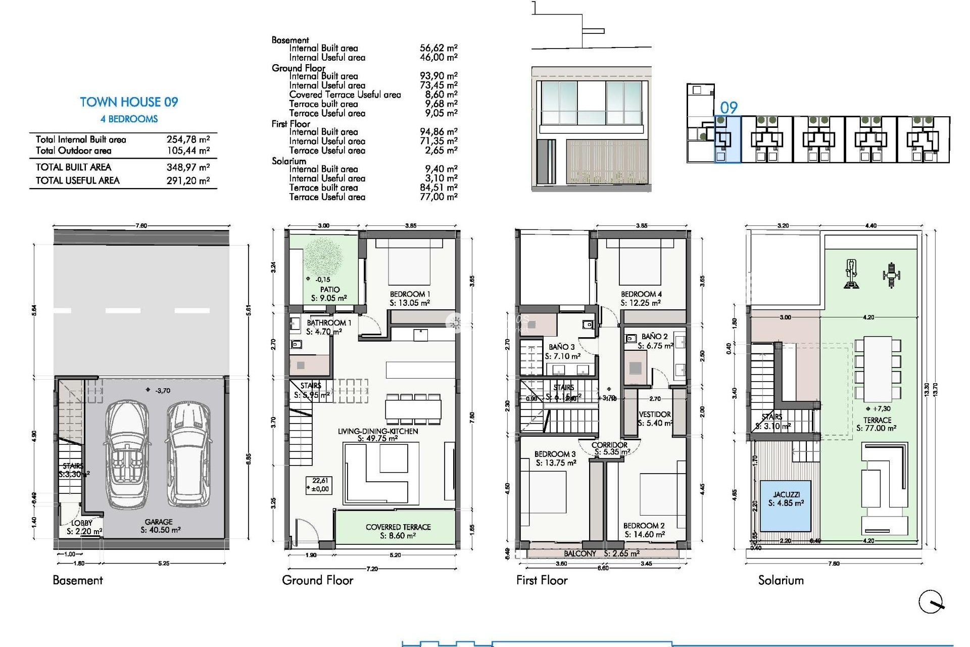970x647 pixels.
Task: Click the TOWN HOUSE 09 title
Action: point(129,102)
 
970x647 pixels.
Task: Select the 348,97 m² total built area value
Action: point(188,167)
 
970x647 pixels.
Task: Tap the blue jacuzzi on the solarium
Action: point(786,505)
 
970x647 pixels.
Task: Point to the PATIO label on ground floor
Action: point(329,290)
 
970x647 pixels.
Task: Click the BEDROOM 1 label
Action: point(410,294)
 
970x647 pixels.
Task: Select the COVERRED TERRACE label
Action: point(398,527)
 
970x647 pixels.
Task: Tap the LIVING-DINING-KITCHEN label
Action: point(377,431)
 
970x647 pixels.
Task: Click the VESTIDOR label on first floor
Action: point(655,414)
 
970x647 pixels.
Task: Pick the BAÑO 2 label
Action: point(654,337)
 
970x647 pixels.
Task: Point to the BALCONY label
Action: point(580,553)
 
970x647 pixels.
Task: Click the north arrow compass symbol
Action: point(931,602)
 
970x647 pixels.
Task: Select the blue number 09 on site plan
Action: point(729,108)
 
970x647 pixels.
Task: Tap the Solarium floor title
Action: point(781,580)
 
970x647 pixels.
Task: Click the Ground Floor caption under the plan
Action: point(317,580)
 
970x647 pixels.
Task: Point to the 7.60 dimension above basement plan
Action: point(141,225)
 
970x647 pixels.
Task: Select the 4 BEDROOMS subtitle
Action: point(129,119)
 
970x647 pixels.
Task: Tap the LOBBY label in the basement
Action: point(82,523)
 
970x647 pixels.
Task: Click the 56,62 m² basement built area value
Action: point(438,48)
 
